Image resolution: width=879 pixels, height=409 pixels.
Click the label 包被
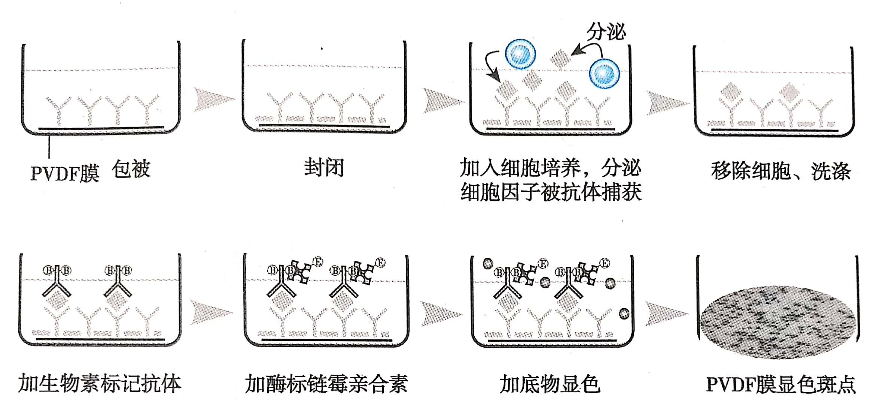coord(131,169)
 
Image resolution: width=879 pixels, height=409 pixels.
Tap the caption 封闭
coord(324,167)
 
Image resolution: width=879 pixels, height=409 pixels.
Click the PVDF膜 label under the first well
coord(65,173)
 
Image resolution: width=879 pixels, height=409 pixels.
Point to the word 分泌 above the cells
coord(606,31)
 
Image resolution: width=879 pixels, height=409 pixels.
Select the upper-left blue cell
coord(520,55)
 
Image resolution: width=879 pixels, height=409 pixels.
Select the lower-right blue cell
coord(604,73)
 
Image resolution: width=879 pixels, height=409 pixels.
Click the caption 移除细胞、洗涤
coord(781,171)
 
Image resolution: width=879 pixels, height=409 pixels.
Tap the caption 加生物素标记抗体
coord(100,384)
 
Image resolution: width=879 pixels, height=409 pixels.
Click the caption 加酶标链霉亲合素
coord(326,384)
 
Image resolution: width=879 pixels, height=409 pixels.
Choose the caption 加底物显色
coord(550,384)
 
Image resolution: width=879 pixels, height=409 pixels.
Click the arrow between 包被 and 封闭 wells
coord(213,100)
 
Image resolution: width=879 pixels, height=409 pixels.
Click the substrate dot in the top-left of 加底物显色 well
coord(487,264)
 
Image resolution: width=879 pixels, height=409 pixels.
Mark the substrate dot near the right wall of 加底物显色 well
coord(624,313)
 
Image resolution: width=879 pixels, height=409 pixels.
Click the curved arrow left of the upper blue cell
coord(492,66)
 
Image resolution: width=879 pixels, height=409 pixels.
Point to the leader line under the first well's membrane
coord(49,146)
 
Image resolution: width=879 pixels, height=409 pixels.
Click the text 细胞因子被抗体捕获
coord(551,192)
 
